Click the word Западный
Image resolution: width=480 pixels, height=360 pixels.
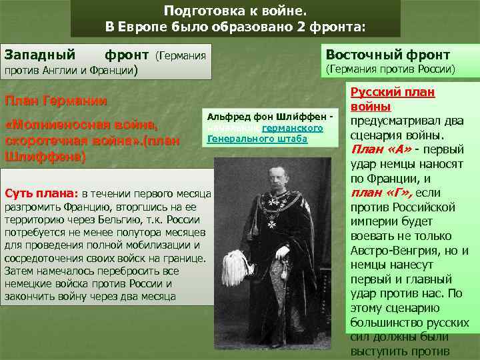[40, 53]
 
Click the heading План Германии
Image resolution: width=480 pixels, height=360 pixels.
[56, 101]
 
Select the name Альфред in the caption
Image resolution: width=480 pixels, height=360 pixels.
[229, 117]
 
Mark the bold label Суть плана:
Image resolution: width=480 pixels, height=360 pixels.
[42, 194]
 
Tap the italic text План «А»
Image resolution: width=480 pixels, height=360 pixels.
[377, 149]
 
